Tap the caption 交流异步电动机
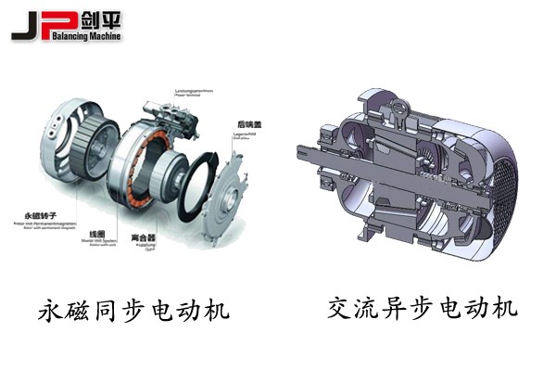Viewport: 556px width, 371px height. [x=422, y=307]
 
